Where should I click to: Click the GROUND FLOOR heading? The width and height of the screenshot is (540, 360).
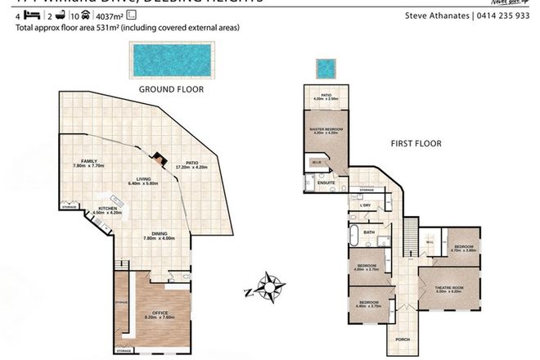[170, 88]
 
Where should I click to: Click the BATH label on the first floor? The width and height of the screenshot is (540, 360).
[369, 232]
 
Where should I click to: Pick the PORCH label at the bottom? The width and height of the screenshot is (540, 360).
[402, 338]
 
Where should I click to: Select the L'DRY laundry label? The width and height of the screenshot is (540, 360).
[366, 205]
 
